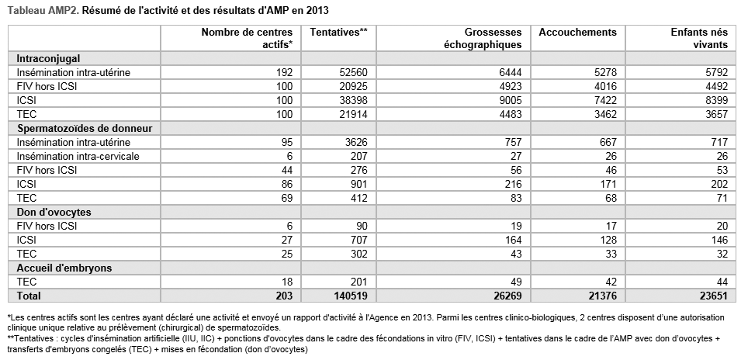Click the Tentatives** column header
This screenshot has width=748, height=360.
click(339, 33)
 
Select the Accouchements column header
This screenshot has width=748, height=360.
click(578, 33)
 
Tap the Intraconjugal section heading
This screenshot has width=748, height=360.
click(48, 59)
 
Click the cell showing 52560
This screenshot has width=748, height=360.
click(351, 72)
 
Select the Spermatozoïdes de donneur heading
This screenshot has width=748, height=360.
click(85, 128)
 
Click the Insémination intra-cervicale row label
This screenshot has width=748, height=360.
click(78, 156)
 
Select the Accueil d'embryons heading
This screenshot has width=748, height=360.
click(64, 268)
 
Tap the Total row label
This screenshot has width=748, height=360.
click(29, 296)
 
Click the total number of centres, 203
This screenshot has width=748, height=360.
click(283, 296)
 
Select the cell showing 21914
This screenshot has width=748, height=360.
click(351, 114)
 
